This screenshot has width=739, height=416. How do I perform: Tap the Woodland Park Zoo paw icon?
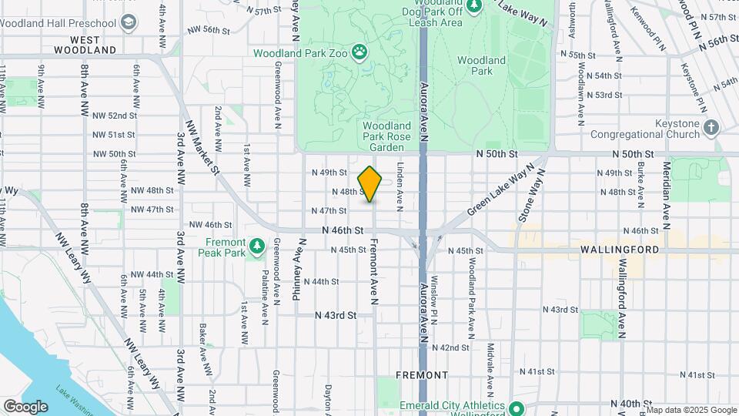(x=359, y=52)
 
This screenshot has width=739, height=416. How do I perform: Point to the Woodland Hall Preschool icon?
(x=128, y=22)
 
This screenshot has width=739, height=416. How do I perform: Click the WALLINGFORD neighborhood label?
(x=620, y=250)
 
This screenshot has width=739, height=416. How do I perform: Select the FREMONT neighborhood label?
(x=421, y=374)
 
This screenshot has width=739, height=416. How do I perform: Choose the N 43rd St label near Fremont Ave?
(x=336, y=315)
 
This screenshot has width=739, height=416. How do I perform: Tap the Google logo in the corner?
(x=25, y=406)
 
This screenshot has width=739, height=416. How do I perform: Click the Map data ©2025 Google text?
(x=692, y=410)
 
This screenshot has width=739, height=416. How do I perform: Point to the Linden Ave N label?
(x=400, y=186)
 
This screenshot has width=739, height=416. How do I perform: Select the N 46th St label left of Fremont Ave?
(x=343, y=230)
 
